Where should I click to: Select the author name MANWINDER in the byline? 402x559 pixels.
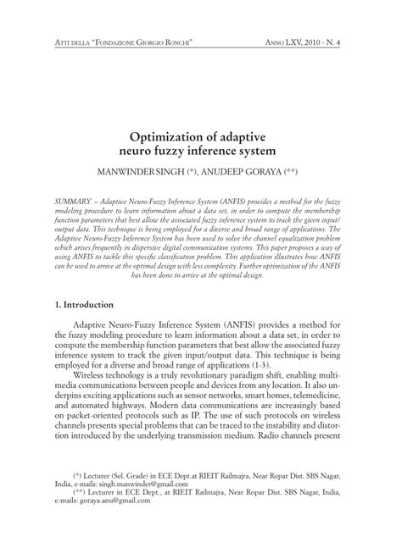point(154,170)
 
